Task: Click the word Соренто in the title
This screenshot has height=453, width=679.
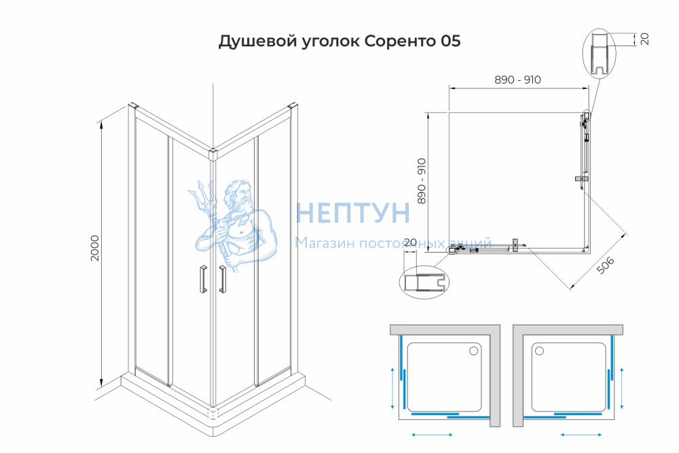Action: pos(401,41)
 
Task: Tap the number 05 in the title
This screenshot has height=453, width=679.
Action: pos(451,41)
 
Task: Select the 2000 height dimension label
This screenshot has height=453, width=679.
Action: pos(94,248)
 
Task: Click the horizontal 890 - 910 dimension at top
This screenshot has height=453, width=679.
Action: pos(517,79)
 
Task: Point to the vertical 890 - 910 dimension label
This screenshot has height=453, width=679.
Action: pos(422,181)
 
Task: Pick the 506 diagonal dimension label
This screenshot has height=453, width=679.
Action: pos(606,265)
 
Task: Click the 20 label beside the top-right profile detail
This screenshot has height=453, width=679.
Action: pos(645,39)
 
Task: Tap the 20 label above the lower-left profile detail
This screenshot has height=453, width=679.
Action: pos(409,242)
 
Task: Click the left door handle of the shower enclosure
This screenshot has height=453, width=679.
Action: pos(202,279)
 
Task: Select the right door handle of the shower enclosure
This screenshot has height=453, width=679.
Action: pos(223,279)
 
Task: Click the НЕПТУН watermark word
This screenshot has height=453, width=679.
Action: pos(352,213)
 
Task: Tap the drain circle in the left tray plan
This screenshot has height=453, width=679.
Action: pos(474,351)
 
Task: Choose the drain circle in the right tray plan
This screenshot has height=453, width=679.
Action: pos(539,351)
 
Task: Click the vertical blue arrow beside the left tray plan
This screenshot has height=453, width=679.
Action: pos(392,388)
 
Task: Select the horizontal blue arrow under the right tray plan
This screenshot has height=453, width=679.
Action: pos(581,435)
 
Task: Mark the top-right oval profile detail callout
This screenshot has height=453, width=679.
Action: pos(599,54)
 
